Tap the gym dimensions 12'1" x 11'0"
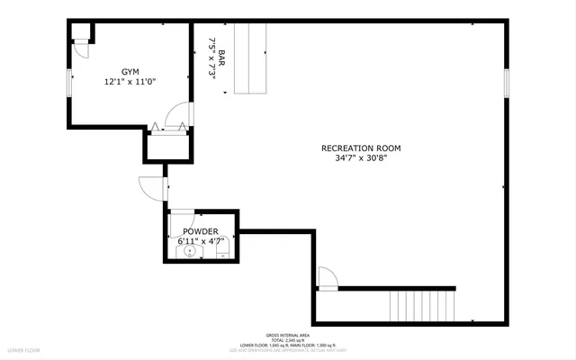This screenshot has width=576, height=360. coord(130,82)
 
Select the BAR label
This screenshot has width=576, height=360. coord(221,60)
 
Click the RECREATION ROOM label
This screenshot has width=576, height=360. coord(361,148)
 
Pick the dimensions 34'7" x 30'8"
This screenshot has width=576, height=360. coord(361,159)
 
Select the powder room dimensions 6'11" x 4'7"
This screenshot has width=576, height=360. coord(200,241)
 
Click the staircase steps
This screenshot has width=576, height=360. coord(423,305)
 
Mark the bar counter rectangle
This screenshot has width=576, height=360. coord(251,58)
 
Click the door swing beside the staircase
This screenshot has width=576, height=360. coord(328,278)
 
